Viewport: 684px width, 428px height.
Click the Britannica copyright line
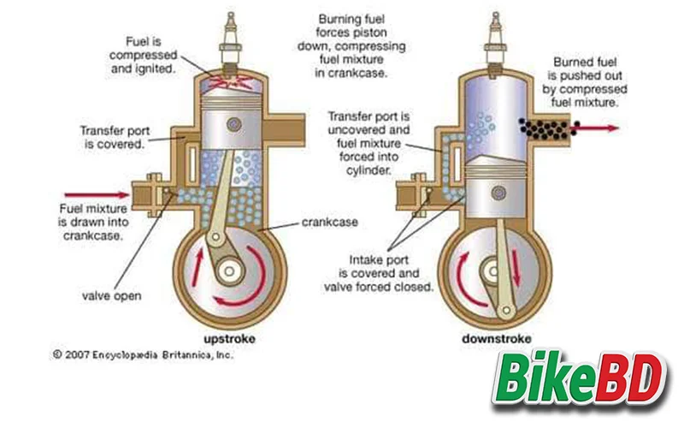pyautogui.click(x=142, y=353)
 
